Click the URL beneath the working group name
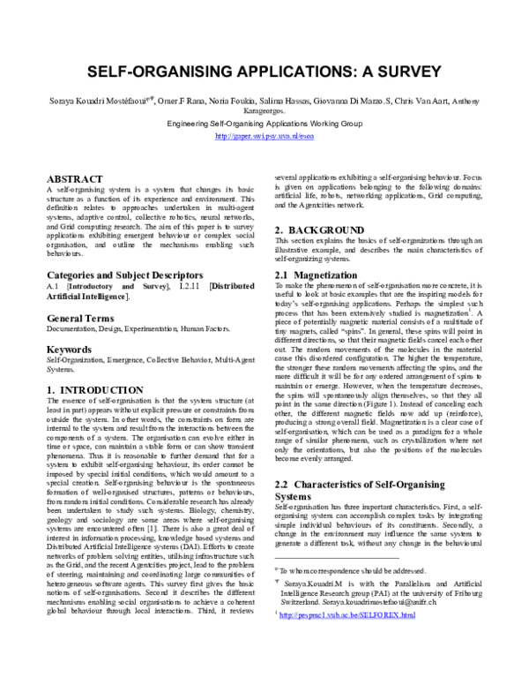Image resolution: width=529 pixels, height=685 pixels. (264, 137)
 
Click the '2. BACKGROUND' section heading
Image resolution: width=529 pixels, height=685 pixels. (319, 230)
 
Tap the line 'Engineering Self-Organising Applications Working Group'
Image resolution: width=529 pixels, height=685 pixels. (264, 124)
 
